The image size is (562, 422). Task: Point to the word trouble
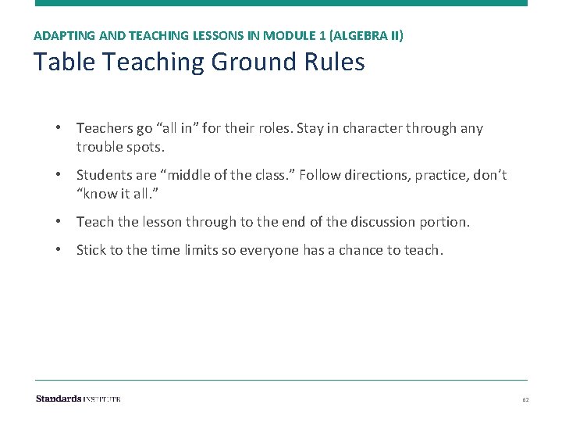tap(101, 146)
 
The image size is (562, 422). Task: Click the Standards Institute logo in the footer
tap(78, 399)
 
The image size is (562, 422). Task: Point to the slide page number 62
tap(525, 399)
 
